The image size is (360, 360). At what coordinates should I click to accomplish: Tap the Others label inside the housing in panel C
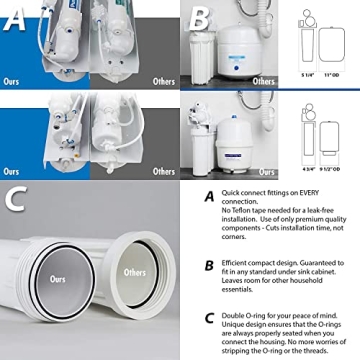click(x=133, y=272)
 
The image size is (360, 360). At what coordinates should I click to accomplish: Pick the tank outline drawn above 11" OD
click(x=335, y=43)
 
